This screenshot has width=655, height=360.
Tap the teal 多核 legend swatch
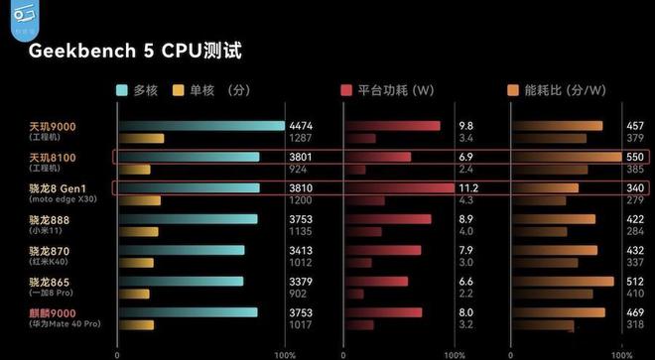click(x=123, y=89)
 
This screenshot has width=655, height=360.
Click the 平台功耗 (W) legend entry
click(x=394, y=89)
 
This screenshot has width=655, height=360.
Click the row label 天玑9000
click(x=52, y=126)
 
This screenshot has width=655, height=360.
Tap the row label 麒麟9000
click(x=52, y=311)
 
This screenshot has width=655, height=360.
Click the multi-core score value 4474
click(x=301, y=126)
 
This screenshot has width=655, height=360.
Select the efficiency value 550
click(x=635, y=157)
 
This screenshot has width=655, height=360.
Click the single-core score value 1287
click(x=301, y=138)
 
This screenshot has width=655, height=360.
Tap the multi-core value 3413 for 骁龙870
click(x=301, y=250)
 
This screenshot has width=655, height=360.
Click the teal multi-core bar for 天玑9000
click(x=200, y=126)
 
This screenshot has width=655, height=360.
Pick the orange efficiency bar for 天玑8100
click(x=566, y=157)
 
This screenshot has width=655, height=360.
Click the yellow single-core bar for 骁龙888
click(x=138, y=231)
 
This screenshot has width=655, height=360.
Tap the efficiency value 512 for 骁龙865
click(x=635, y=282)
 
